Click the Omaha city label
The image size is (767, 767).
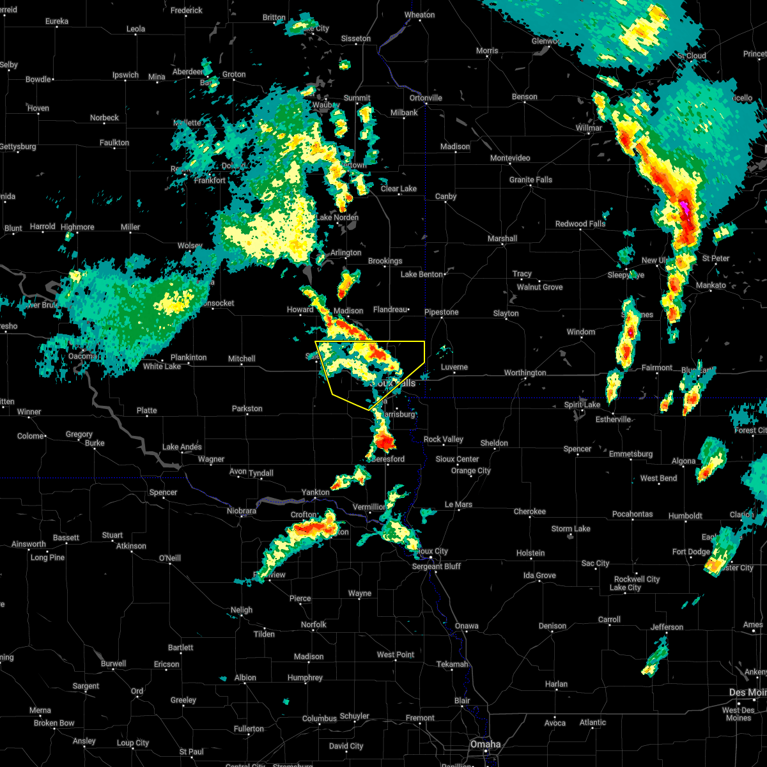486,744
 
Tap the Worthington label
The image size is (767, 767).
525,373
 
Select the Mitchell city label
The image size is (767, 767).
242,359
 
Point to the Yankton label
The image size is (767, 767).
315,492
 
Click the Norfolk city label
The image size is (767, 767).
313,624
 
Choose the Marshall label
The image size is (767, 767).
502,238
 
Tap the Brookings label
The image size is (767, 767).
385,261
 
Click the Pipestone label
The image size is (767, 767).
442,312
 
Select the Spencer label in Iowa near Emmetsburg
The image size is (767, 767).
577,449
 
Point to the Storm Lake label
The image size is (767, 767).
571,529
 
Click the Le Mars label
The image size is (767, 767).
458,504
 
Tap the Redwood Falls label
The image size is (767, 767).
580,224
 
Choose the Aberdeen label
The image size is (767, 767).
189,72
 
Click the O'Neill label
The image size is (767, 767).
169,558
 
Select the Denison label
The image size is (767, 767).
552,626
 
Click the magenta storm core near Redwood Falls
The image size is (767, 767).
685,206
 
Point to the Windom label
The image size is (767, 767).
580,332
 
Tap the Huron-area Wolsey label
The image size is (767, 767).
190,245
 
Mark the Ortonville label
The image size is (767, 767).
426,98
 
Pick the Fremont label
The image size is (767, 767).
420,718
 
